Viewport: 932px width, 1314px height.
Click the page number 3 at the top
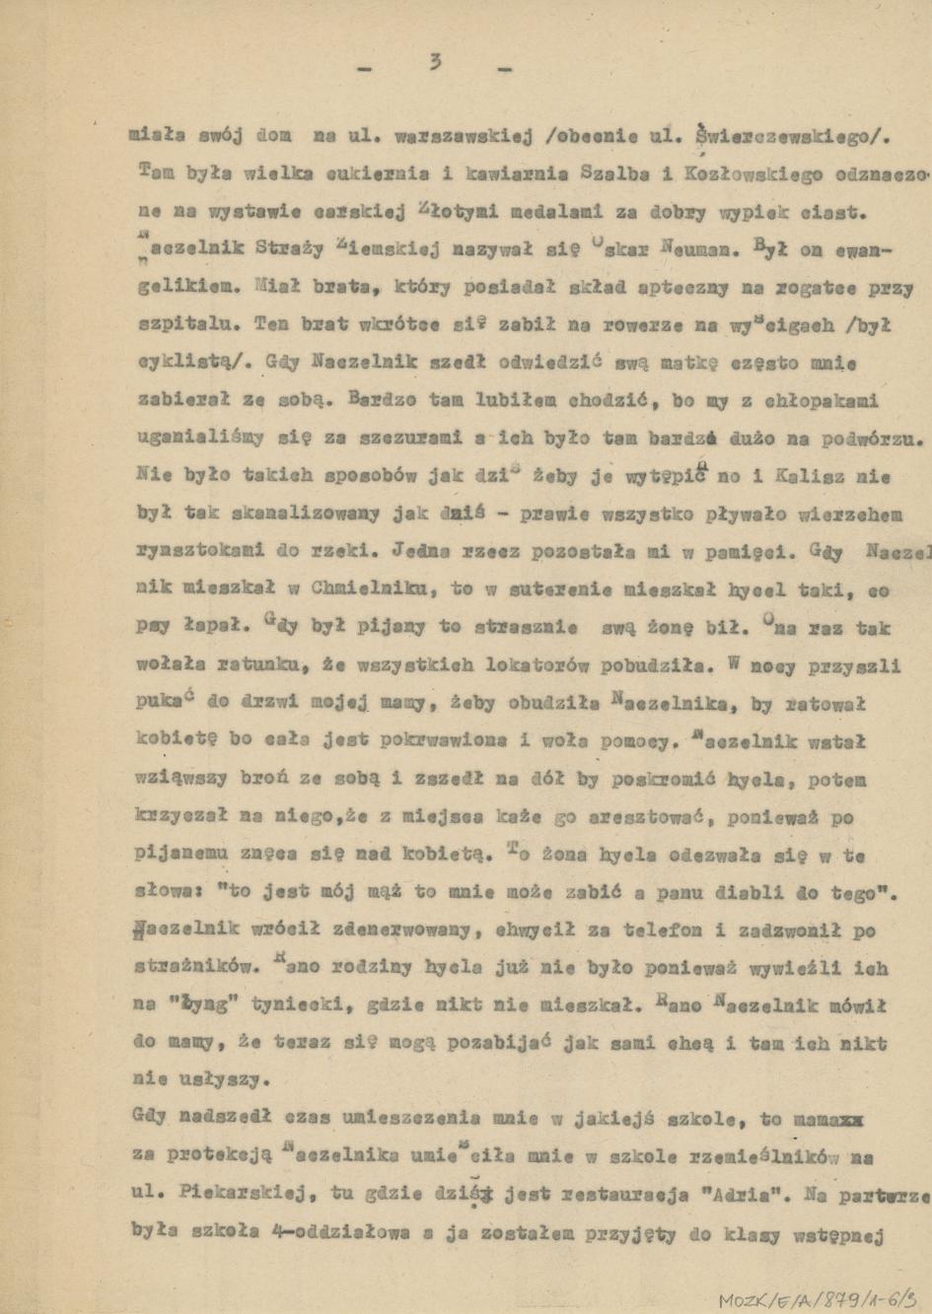pyautogui.click(x=435, y=63)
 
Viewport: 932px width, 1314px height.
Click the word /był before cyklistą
pyautogui.click(x=869, y=325)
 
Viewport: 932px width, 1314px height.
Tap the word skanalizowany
pyautogui.click(x=278, y=513)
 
